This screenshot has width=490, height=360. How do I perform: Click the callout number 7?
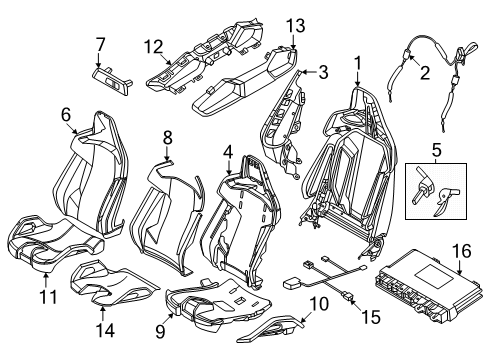pos(100,45)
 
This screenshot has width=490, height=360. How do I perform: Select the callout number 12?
pos(154,47)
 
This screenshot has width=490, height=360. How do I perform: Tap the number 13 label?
pos(296,26)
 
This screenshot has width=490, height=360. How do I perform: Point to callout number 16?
pos(462,251)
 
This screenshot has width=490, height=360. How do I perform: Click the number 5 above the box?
pos(436,150)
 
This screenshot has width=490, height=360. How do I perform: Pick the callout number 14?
pos(105,330)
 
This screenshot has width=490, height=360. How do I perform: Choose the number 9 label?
pos(160,331)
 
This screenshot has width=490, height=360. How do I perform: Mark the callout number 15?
pos(371,317)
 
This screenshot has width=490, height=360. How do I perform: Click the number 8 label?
pos(167,137)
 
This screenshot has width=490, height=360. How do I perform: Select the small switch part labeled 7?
pos(112,81)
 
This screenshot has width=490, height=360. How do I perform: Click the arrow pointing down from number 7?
pos(99,60)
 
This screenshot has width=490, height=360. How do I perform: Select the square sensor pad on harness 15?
pos(292,284)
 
